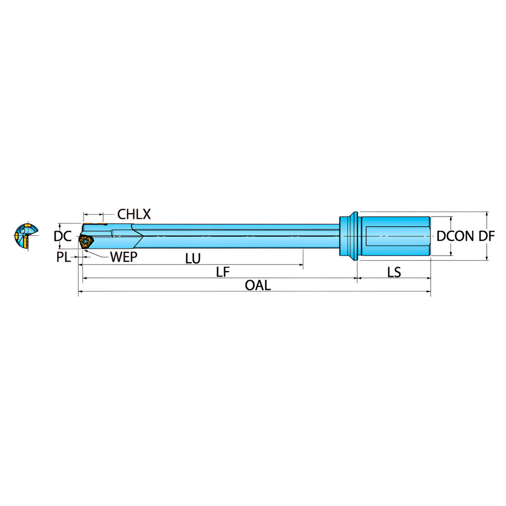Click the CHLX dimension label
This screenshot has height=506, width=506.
pyautogui.click(x=134, y=214)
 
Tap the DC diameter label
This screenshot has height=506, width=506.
pyautogui.click(x=63, y=236)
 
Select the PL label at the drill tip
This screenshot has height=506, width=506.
pyautogui.click(x=64, y=257)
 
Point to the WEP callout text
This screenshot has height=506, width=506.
pyautogui.click(x=123, y=257)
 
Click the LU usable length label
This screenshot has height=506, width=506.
pyautogui.click(x=193, y=259)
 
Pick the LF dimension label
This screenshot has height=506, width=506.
pyautogui.click(x=223, y=272)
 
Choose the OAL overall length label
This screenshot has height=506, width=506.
pyautogui.click(x=258, y=285)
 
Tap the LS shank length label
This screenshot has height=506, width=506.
pyautogui.click(x=394, y=272)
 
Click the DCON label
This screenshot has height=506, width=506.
pyautogui.click(x=455, y=236)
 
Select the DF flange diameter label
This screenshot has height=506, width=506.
pyautogui.click(x=486, y=236)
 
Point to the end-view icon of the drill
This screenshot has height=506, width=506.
pyautogui.click(x=26, y=236)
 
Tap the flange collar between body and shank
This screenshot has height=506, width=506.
pyautogui.click(x=349, y=236)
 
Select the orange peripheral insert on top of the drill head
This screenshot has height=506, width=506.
pyautogui.click(x=95, y=224)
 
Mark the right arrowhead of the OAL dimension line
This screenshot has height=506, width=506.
pyautogui.click(x=429, y=291)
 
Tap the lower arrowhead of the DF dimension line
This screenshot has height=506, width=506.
pyautogui.click(x=487, y=258)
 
